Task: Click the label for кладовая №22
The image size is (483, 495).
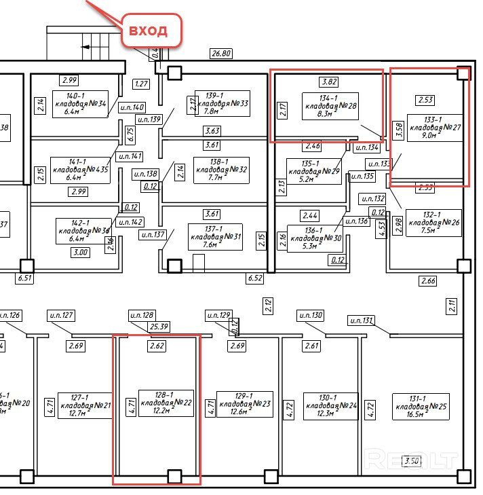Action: (166, 403)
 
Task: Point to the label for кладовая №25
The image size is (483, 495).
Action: (421, 406)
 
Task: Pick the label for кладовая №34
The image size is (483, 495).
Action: (79, 104)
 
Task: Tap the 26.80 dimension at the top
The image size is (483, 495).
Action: (221, 53)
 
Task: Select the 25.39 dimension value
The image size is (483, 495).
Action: (159, 327)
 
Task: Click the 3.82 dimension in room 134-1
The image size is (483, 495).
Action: (329, 82)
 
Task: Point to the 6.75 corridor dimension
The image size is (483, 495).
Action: (130, 134)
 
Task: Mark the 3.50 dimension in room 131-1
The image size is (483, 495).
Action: (411, 462)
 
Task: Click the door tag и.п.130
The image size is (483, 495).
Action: (309, 315)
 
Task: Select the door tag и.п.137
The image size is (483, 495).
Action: (153, 235)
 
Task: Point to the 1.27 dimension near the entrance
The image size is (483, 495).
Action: (142, 84)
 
